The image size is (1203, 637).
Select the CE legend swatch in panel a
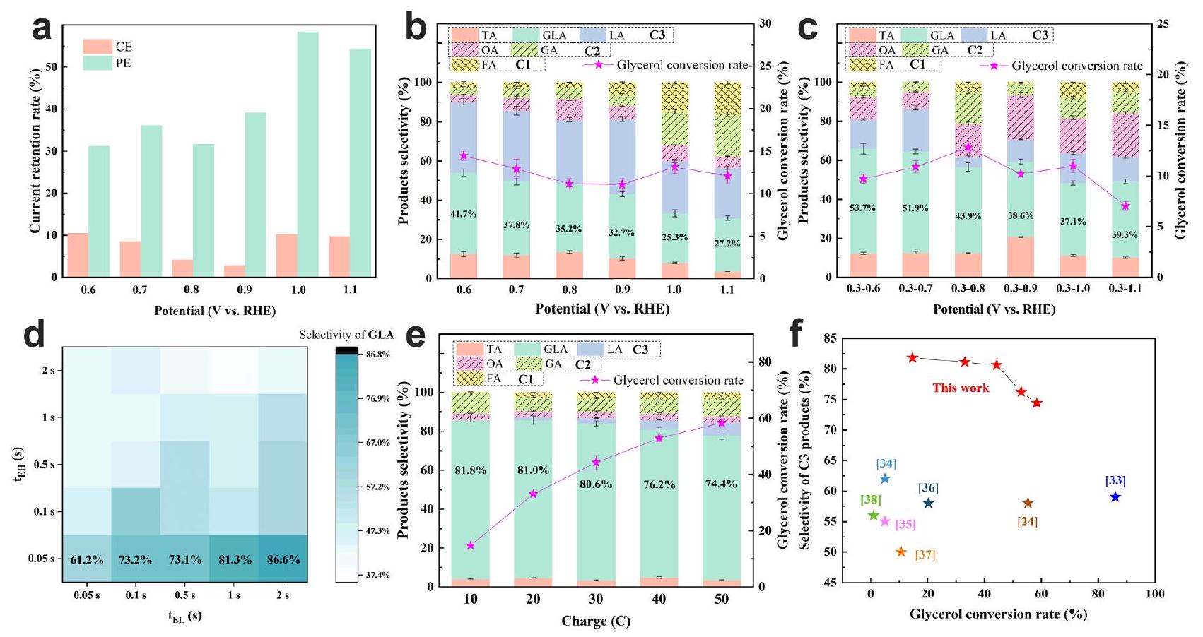tap(98, 47)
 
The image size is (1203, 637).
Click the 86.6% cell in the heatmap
tap(283, 559)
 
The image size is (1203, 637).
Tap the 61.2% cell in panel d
tap(87, 559)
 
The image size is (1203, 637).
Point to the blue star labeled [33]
tap(1115, 497)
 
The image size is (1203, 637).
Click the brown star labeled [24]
tap(1028, 504)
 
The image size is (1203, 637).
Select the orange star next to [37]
tap(901, 552)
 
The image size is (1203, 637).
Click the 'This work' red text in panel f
tap(961, 388)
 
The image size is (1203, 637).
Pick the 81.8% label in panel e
tap(471, 470)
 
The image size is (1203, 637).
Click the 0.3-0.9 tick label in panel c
tap(1020, 290)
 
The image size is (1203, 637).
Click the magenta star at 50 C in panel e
tap(721, 422)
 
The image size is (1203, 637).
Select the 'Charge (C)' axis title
tap(595, 621)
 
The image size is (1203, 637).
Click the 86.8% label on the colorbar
tap(379, 355)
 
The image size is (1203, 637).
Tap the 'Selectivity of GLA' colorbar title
tap(346, 335)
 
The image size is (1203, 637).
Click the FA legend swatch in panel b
tap(464, 65)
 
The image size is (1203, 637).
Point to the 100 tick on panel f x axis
tap(1155, 595)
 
